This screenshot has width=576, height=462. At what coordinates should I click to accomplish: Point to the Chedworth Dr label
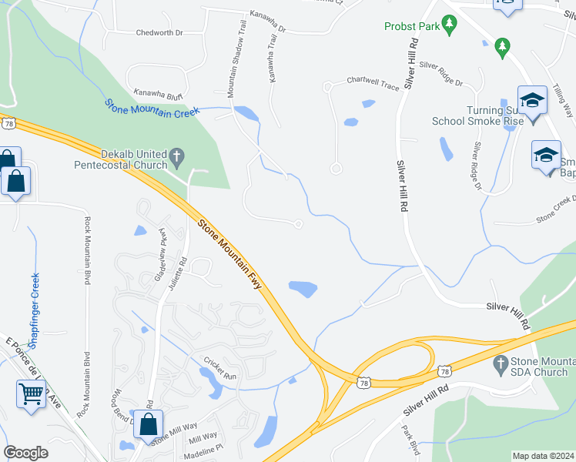pyautogui.click(x=159, y=33)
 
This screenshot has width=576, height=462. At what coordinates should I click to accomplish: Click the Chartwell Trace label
pyautogui.click(x=373, y=82)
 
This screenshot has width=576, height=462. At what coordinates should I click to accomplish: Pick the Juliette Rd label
pyautogui.click(x=183, y=271)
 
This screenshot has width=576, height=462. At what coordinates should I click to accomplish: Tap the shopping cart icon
pyautogui.click(x=32, y=393)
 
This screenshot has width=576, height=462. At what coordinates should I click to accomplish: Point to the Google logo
pyautogui.click(x=25, y=453)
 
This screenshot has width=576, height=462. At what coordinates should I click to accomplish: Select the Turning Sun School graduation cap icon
pyautogui.click(x=532, y=100)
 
